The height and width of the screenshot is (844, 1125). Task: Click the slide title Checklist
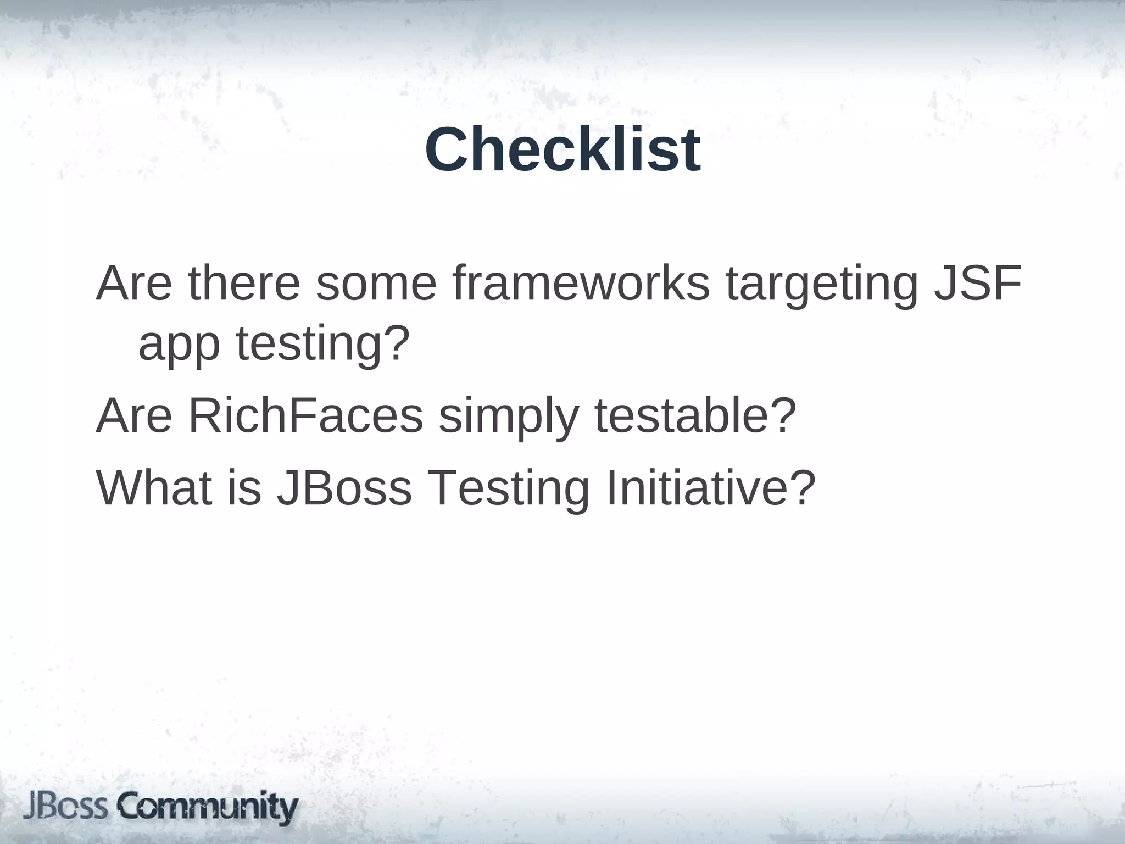pos(562,149)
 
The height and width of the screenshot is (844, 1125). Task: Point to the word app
pos(179,345)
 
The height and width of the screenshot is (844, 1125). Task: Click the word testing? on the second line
pos(324,345)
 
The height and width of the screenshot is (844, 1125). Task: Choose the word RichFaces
pos(305,415)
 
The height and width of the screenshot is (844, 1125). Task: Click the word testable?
pos(695,415)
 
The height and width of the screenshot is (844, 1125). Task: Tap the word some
pos(376,285)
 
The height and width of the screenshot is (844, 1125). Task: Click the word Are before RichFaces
pos(134,415)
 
